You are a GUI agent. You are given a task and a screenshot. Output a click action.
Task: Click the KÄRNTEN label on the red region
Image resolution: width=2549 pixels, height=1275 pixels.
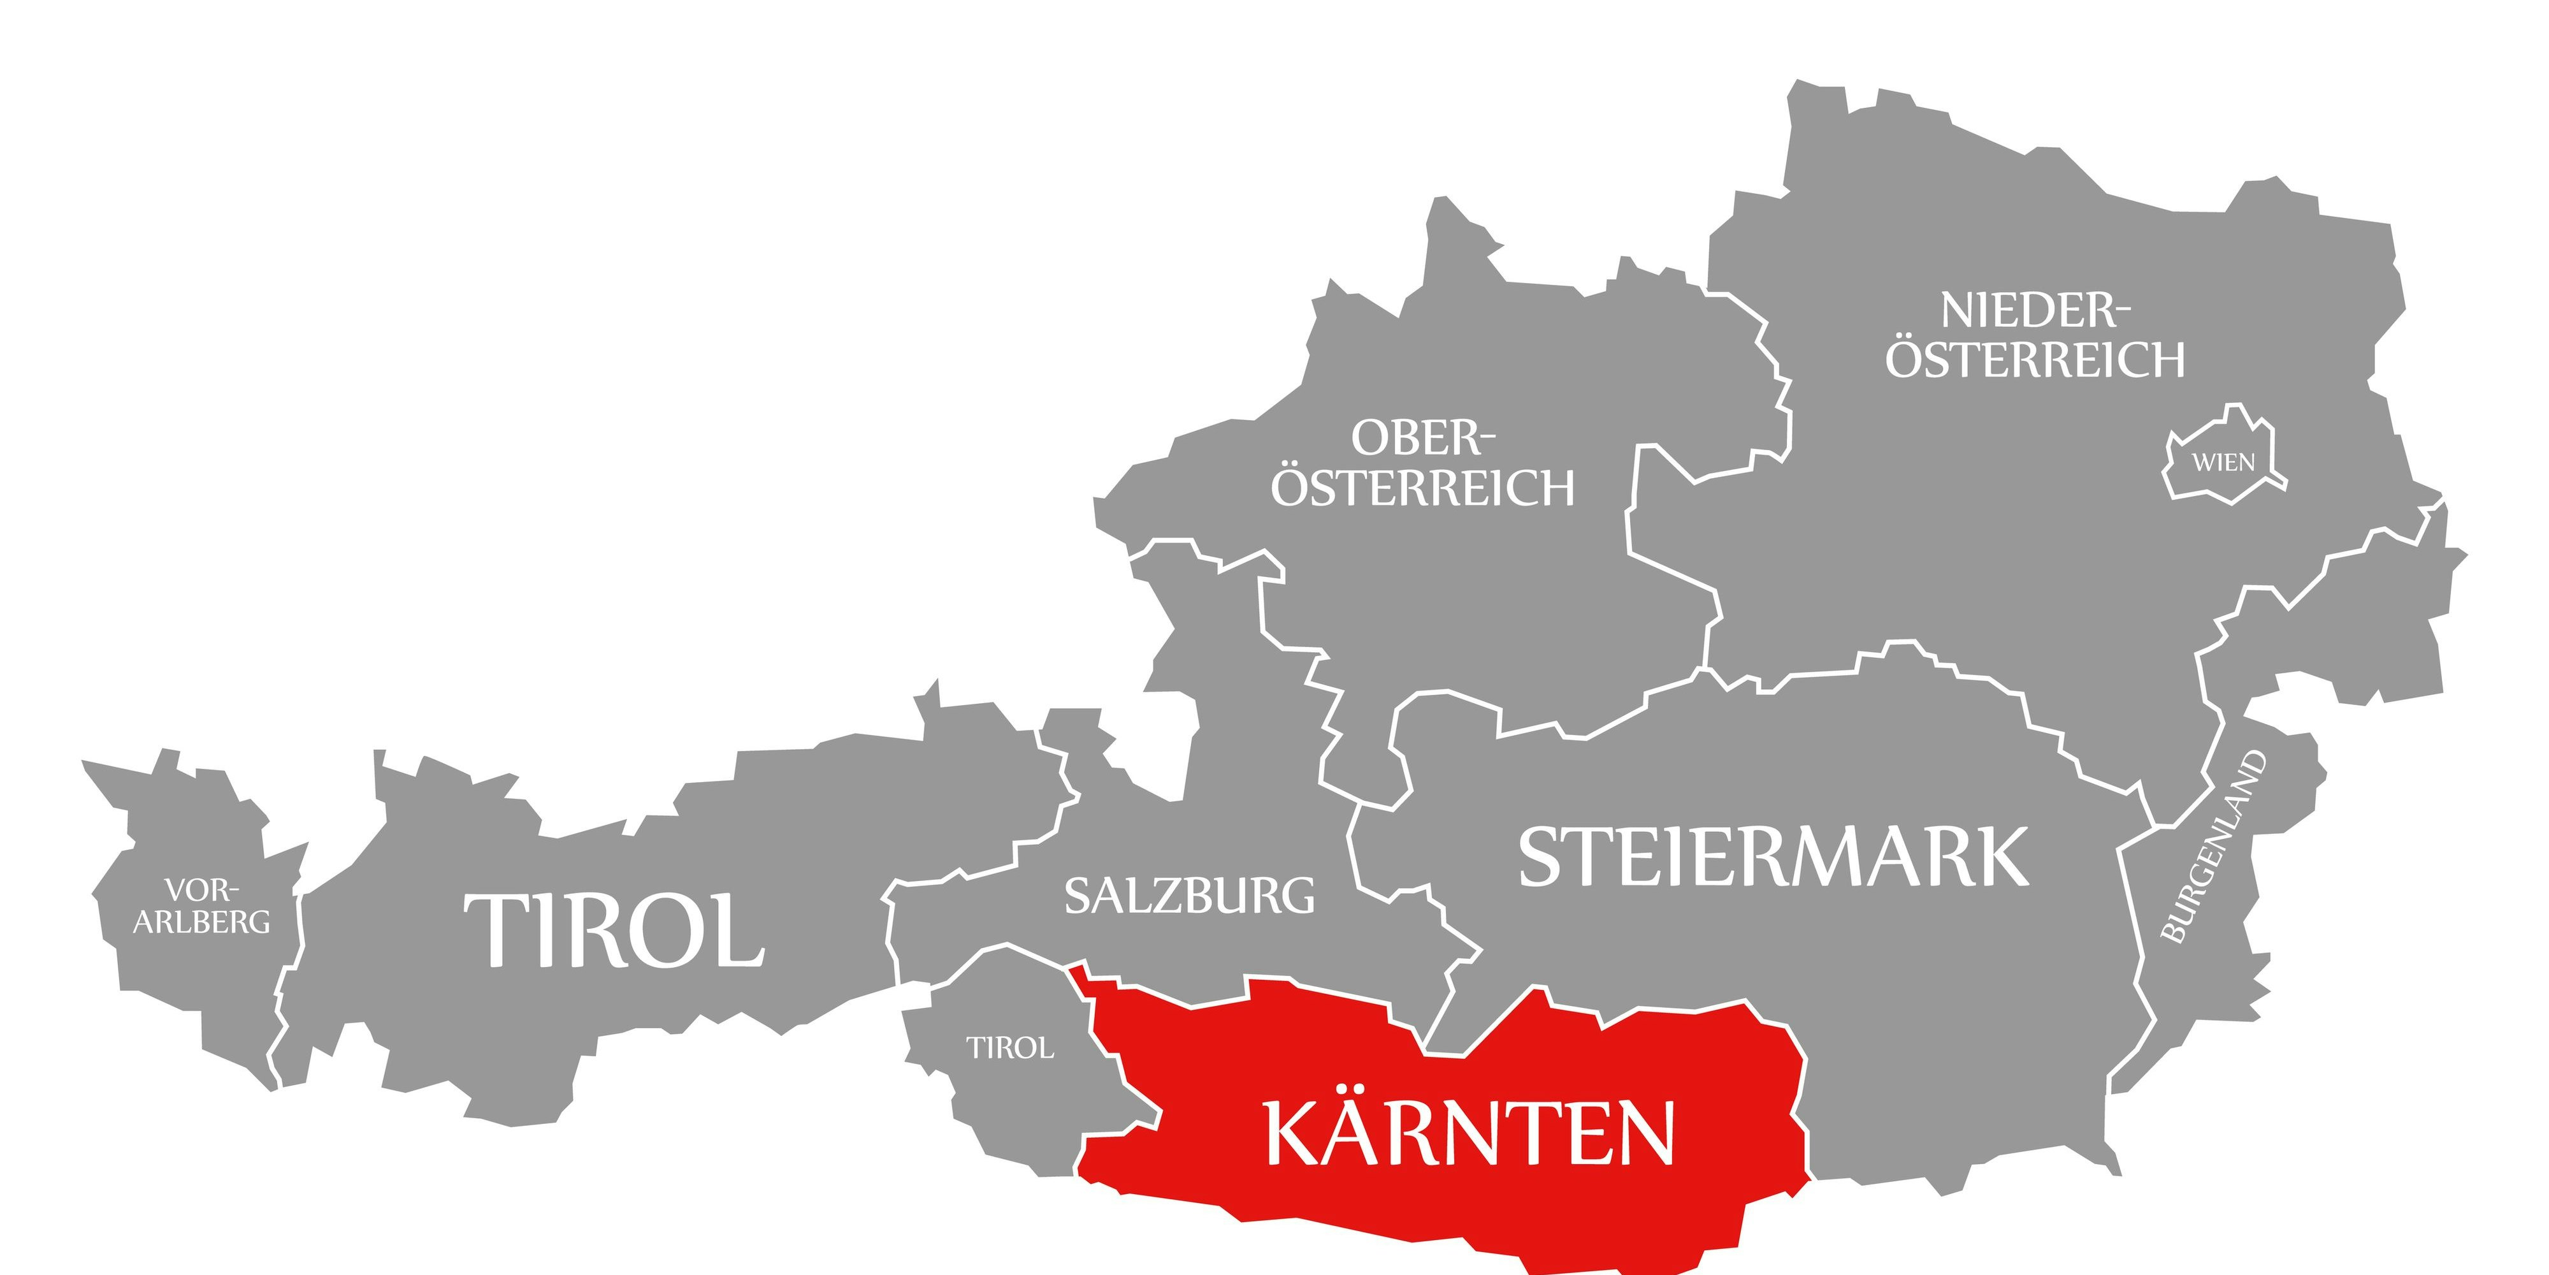coord(1469,1135)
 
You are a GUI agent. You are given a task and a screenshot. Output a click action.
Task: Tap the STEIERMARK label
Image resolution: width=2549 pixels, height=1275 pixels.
coord(1773,857)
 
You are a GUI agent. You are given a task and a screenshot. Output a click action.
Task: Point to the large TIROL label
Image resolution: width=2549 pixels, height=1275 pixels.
coord(614,931)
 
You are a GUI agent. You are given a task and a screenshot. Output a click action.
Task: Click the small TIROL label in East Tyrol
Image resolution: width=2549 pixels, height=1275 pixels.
coord(1009,1047)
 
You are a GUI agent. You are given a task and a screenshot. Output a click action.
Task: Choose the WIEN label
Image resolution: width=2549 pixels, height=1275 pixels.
coord(2223,462)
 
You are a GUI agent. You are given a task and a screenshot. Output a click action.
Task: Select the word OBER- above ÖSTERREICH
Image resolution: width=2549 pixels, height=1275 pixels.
coord(1423,437)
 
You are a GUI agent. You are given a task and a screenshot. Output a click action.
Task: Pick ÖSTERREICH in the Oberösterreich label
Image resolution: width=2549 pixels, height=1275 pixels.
coord(1422,488)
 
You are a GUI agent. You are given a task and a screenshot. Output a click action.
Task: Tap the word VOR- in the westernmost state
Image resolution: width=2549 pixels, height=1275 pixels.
coord(202,890)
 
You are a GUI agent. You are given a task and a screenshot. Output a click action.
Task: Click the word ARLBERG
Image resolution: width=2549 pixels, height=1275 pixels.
coord(202,922)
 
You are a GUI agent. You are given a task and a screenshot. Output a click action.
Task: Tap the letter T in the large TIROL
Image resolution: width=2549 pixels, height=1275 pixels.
coord(495,931)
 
